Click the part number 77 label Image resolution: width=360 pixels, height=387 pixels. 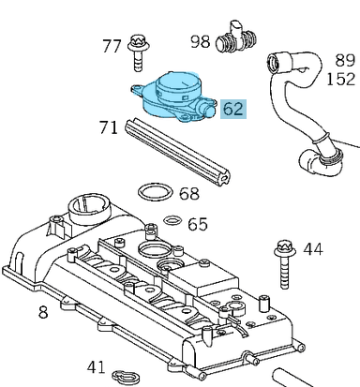coord(112,45)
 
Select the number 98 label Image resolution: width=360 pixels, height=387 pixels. coord(200,41)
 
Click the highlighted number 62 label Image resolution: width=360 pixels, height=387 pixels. coord(232,109)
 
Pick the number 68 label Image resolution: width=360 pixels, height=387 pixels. coord(189,194)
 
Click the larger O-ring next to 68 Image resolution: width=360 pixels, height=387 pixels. coord(152,194)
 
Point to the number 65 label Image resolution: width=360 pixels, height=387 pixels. coord(197,224)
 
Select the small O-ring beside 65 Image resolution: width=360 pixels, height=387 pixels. coord(171,222)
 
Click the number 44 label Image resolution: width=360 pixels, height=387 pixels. coord(312,248)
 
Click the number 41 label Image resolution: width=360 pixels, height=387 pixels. coord(96,366)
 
